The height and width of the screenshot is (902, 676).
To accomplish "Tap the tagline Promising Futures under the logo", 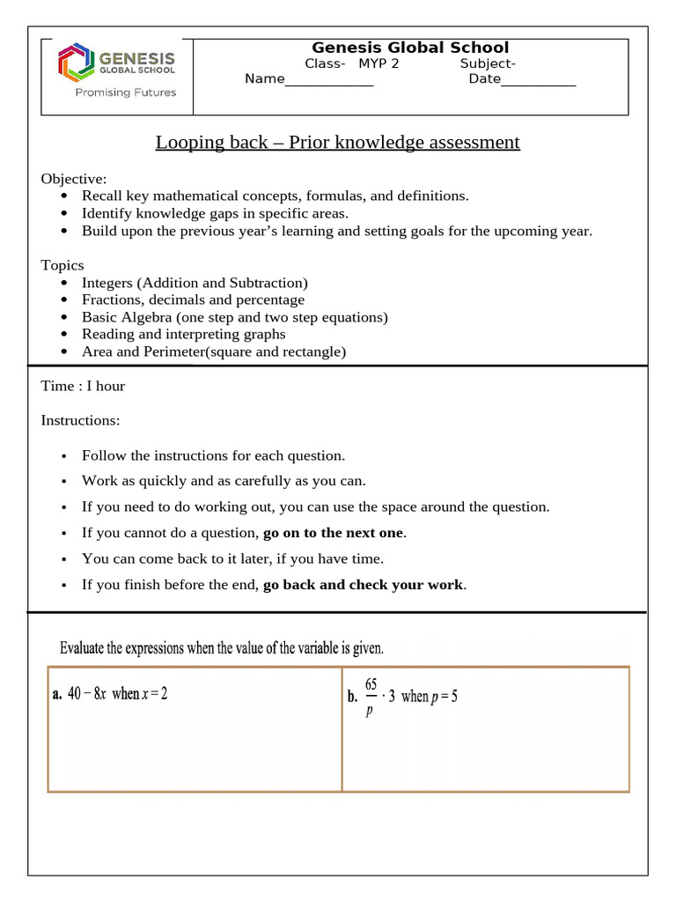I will click(125, 92).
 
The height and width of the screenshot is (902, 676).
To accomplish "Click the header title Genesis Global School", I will click(410, 48).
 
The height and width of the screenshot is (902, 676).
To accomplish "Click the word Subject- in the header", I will click(488, 63).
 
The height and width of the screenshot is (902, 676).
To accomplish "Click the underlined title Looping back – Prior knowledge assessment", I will click(338, 142).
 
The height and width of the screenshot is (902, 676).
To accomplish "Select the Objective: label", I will click(74, 179).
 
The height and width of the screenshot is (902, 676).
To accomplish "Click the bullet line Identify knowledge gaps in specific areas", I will click(215, 213).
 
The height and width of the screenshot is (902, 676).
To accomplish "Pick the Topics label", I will click(62, 265).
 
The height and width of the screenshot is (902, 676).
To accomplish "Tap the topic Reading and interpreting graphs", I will click(183, 334).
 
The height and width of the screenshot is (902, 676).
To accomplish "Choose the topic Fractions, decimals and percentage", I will click(193, 299).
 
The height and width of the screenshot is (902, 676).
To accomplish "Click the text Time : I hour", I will click(83, 386).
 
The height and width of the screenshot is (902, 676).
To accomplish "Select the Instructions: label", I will click(80, 420).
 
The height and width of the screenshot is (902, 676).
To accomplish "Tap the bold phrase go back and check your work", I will click(364, 585).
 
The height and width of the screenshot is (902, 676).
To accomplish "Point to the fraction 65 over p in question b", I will click(370, 697).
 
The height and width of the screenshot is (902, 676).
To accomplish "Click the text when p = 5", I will click(429, 697).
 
